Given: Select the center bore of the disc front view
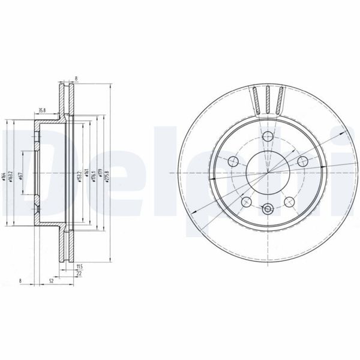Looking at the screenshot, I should coord(268,173).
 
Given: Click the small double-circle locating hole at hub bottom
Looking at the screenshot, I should coord(268,210).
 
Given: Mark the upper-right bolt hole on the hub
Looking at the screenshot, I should coord(302,161).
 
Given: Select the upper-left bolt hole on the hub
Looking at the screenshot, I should coord(232,161).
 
